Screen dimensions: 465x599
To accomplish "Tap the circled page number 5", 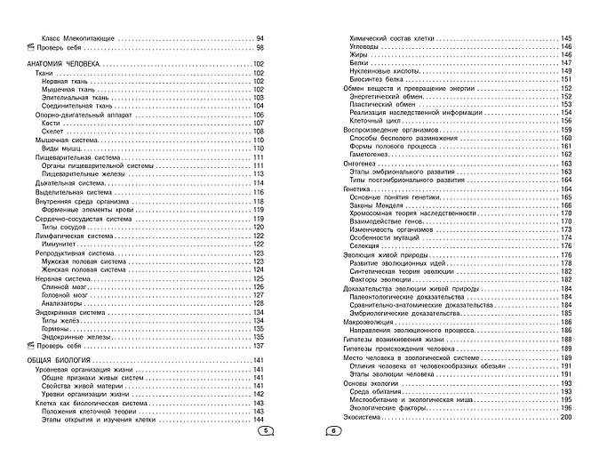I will [x=263, y=430].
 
